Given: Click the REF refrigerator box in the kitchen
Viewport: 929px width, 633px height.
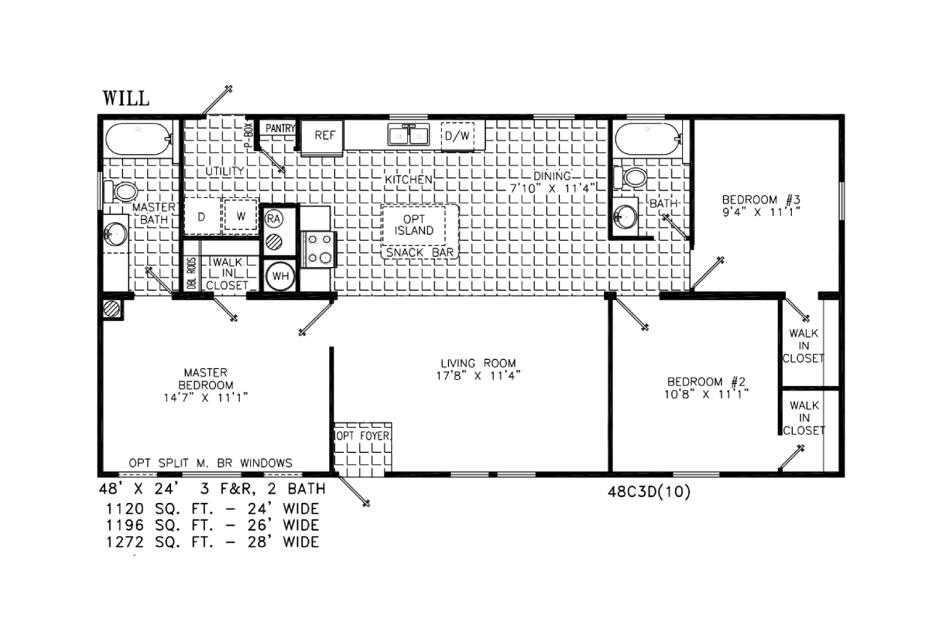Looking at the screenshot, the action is pos(322,137).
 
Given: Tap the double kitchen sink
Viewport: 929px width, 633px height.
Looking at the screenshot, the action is pos(409,135).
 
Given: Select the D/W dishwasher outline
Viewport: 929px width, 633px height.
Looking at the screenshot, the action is pos(457,136).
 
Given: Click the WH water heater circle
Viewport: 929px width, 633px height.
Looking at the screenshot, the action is pos(280,276).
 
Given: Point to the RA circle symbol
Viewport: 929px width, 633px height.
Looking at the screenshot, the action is pos(273,219).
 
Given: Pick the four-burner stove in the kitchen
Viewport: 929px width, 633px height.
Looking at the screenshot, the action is pos(319,249).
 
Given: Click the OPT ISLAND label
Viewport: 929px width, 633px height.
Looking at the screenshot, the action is pos(414,224).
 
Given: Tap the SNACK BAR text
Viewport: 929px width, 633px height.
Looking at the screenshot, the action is pos(420,252).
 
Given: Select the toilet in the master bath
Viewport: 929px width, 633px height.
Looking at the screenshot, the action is pos(121,191).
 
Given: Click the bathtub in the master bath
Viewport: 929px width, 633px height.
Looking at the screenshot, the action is pos(139,139).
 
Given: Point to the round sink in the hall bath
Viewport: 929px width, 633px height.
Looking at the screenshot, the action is pos(625,217).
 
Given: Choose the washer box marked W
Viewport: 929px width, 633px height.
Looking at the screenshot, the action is pos(241,216).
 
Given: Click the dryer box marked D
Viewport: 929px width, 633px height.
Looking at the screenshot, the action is pos(201,217).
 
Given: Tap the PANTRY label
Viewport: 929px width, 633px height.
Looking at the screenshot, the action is pos(280,128).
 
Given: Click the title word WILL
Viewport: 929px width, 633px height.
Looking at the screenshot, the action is pos(126,98).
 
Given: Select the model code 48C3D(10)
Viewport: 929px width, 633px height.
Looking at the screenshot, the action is pos(649,491).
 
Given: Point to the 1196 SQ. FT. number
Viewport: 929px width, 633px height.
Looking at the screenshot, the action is pos(125,525).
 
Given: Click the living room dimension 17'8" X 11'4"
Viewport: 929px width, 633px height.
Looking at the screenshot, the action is pos(478,376).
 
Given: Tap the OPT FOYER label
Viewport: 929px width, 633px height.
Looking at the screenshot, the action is pos(363,436).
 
